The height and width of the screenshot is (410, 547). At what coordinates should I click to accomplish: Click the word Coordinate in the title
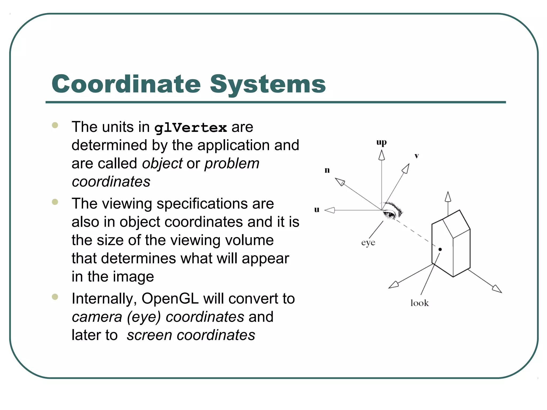[126, 84]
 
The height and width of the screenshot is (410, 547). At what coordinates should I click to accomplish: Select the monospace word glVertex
[191, 128]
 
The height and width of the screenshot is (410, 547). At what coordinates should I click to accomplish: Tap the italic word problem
[232, 164]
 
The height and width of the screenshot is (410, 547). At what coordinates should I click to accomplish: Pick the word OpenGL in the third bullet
[170, 298]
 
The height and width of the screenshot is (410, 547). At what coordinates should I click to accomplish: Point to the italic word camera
[97, 317]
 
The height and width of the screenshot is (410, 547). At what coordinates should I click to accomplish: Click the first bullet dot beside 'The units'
[55, 125]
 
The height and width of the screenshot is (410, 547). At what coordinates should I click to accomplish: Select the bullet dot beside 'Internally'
[55, 297]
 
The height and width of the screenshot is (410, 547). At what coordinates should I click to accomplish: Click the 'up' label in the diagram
[381, 143]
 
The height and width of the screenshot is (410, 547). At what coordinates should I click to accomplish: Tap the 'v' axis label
[417, 156]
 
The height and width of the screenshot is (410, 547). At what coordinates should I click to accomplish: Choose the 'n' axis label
[327, 170]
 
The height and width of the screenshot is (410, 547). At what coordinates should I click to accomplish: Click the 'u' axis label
[317, 210]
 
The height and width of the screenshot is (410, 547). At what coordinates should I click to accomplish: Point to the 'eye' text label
[368, 243]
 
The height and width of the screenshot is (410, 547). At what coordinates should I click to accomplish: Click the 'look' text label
[419, 303]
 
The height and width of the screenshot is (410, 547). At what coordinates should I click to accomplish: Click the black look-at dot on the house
[440, 249]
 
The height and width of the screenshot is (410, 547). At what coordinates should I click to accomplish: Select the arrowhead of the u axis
[330, 210]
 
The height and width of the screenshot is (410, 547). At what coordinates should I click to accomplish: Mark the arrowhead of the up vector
[382, 155]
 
